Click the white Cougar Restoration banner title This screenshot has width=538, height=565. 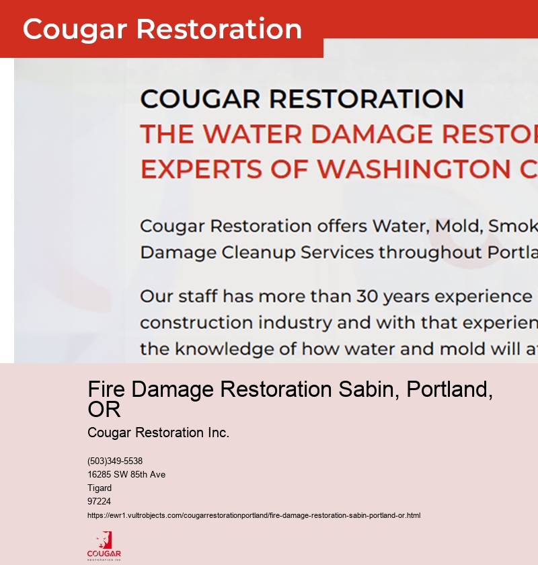[162, 29]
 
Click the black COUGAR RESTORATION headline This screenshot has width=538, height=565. [301, 99]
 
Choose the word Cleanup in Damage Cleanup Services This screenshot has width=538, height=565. [264, 253]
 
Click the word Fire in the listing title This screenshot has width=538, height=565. [108, 389]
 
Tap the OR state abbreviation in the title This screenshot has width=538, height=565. [104, 409]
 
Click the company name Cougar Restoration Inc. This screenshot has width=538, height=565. [158, 432]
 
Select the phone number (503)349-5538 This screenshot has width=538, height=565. [115, 461]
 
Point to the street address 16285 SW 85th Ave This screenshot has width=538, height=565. [126, 475]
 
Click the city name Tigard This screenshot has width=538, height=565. [100, 488]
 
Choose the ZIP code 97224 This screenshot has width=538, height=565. [99, 502]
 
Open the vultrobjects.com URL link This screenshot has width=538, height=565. [254, 516]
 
